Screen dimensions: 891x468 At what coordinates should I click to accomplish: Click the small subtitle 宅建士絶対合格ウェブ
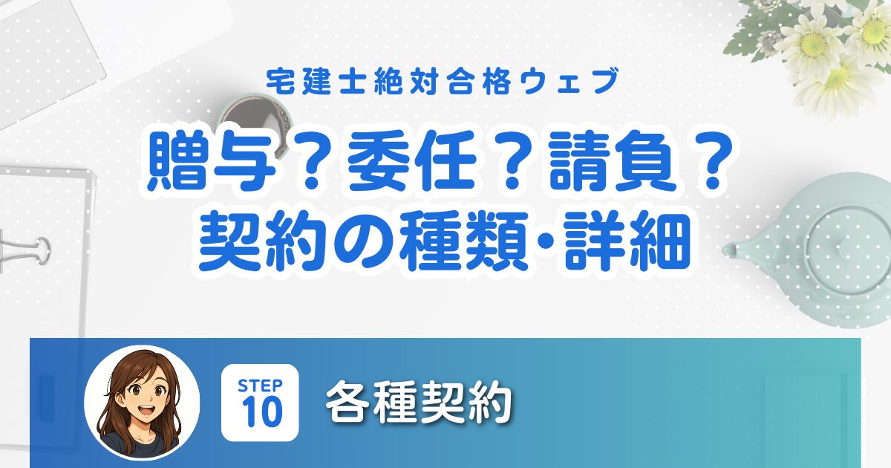(443, 82)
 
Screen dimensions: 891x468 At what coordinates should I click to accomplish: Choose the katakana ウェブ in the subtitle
(569, 82)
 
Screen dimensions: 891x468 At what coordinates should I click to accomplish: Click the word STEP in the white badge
(260, 386)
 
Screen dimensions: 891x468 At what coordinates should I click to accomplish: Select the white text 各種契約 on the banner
(419, 403)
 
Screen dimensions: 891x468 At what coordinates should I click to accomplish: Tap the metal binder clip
(25, 251)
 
